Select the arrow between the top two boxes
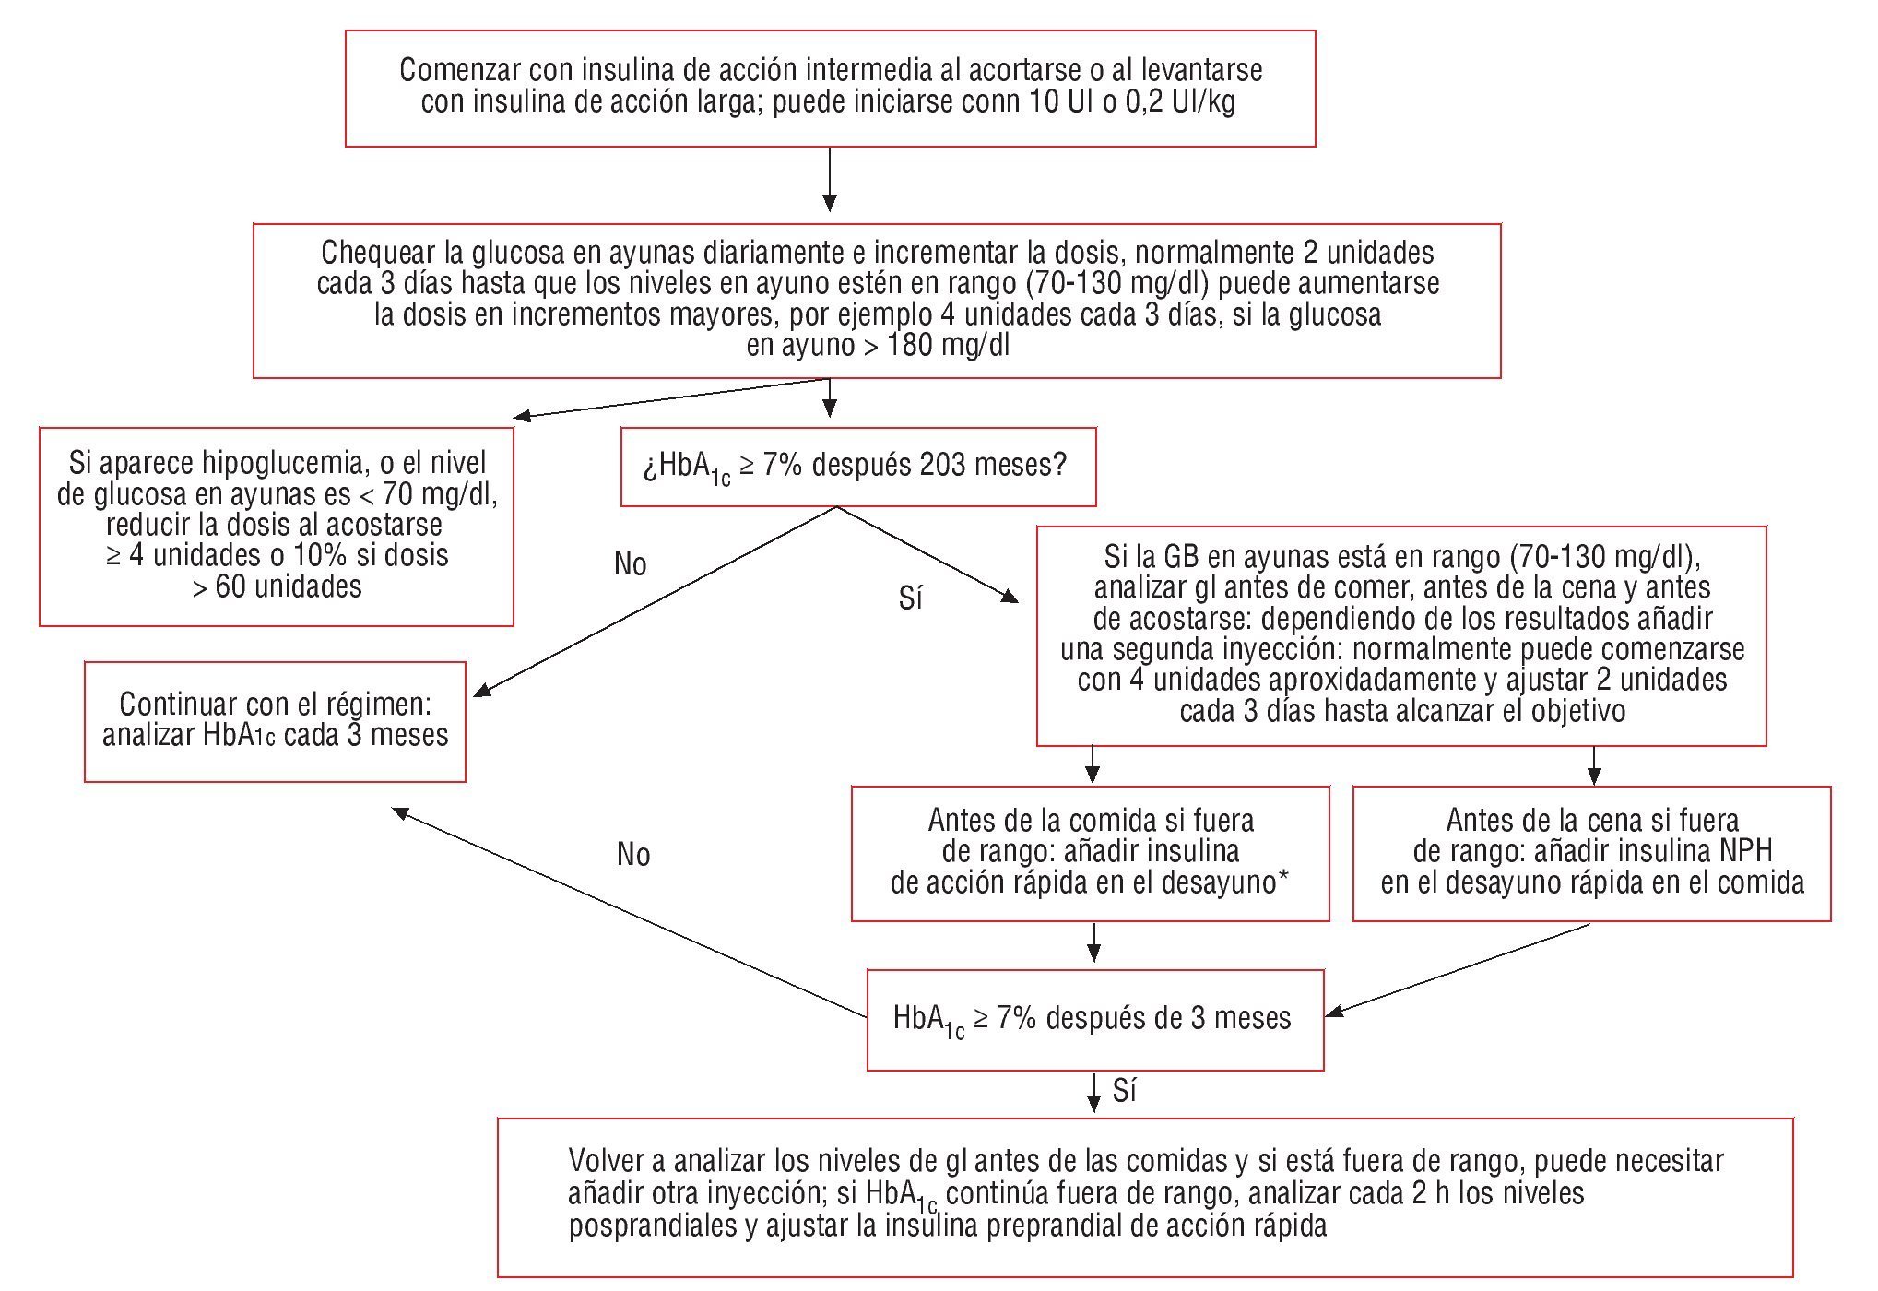pos(830,180)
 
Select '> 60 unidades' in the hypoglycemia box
pos(277,586)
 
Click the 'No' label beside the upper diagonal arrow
pos(631,564)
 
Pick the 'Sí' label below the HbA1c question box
pos(910,599)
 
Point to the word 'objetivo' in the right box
pos(1578,711)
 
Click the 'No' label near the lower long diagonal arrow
pos(633,855)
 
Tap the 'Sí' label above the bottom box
pos(1124,1091)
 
